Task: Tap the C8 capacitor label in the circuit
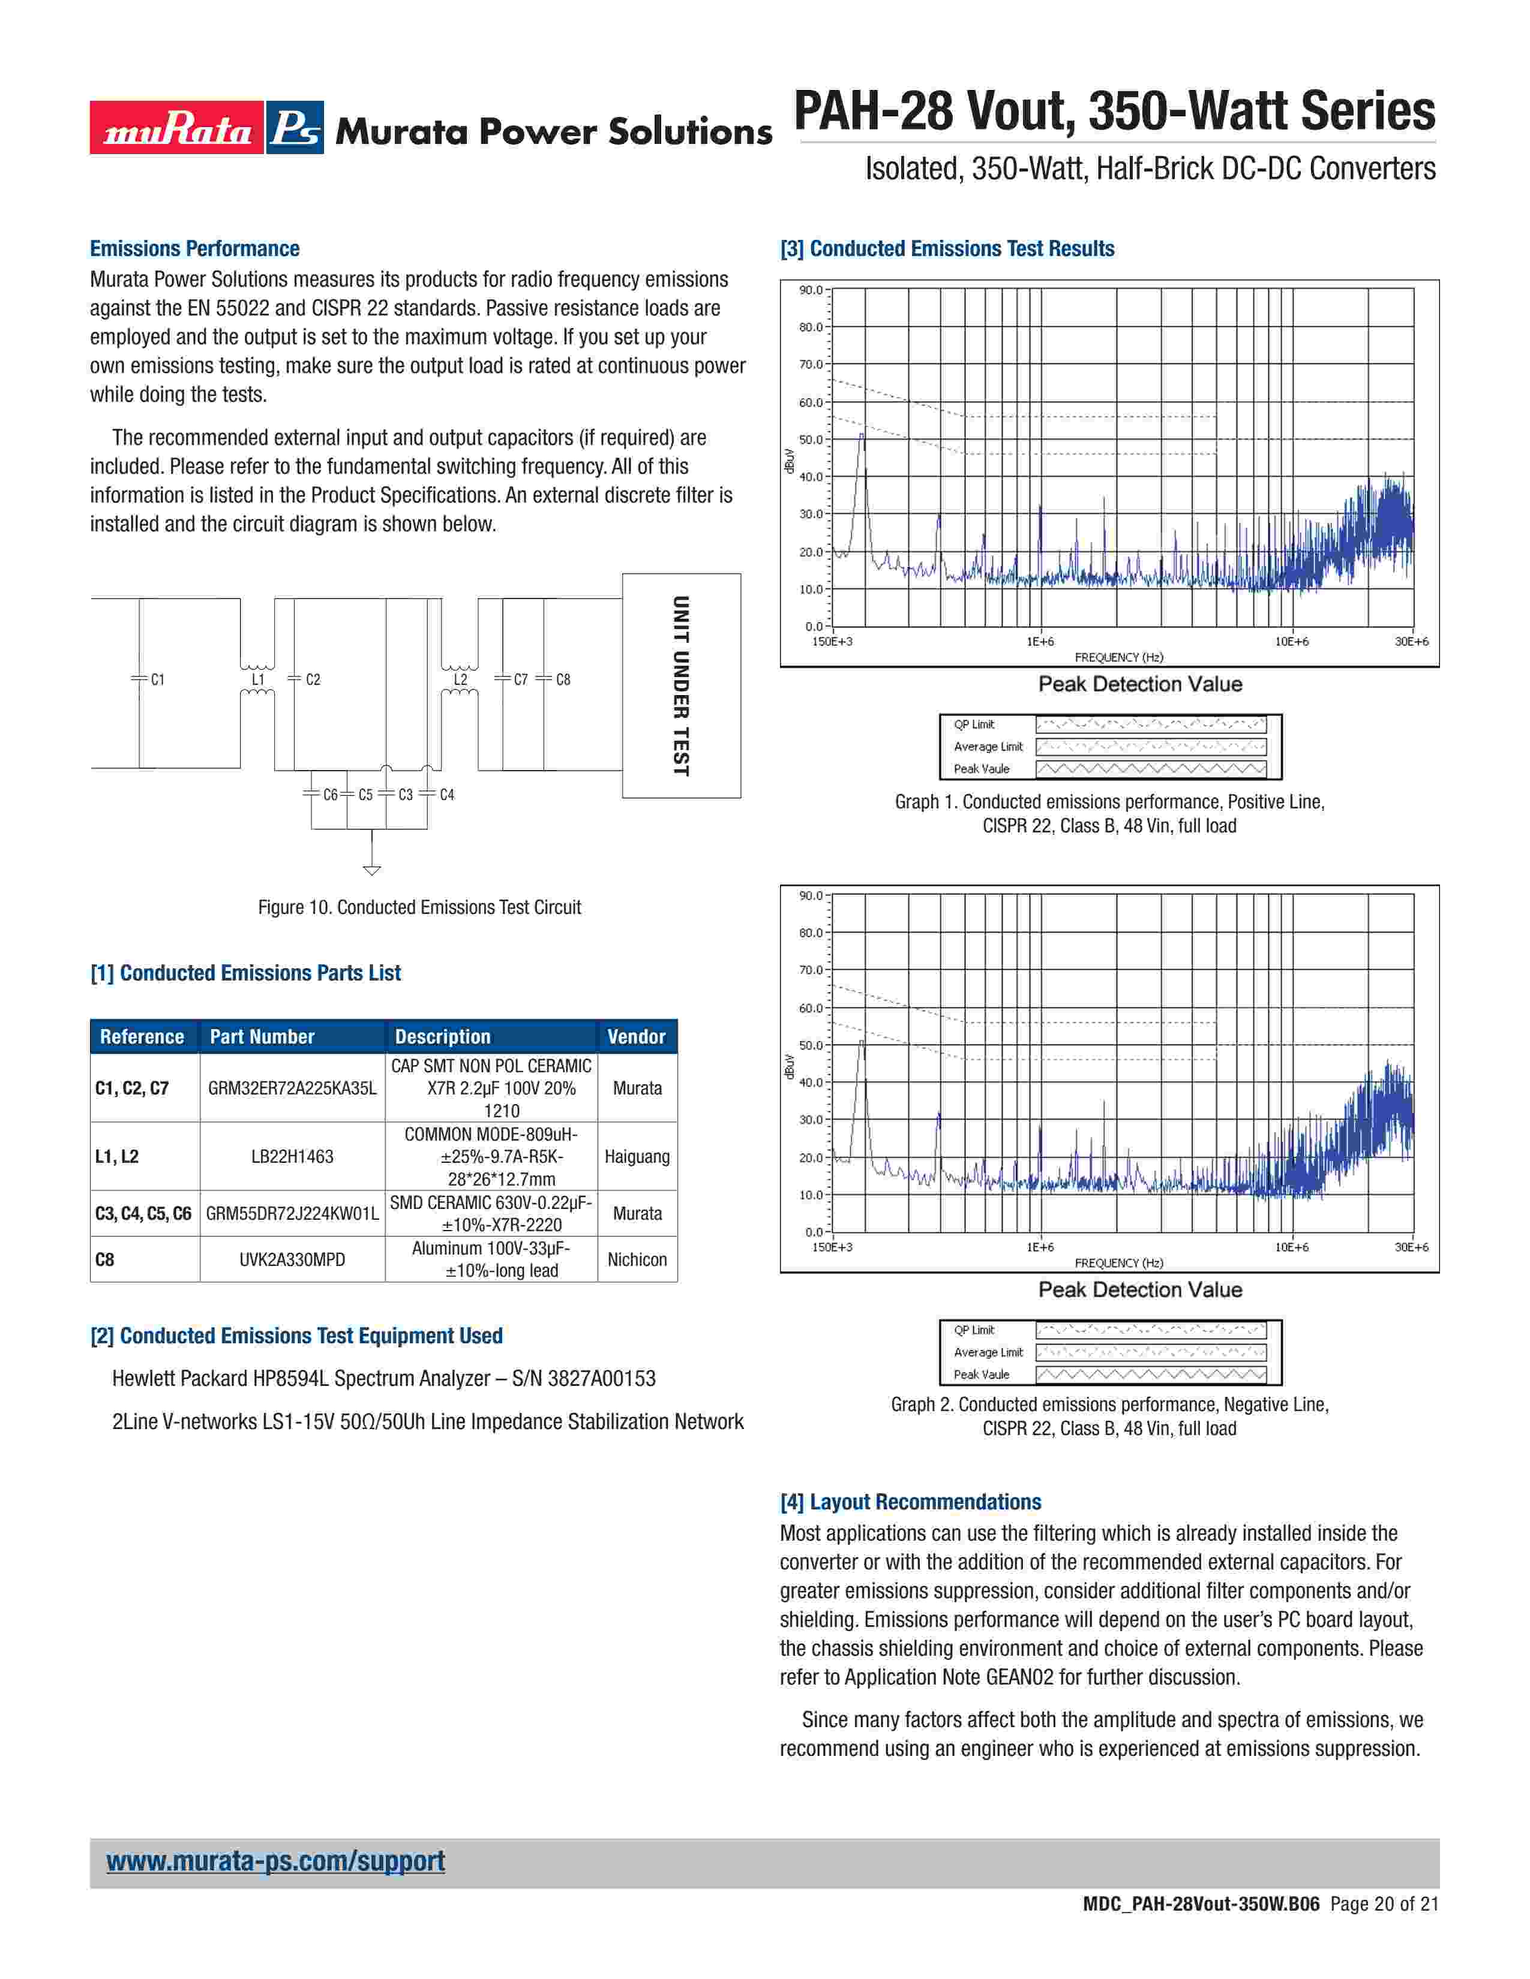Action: (x=563, y=679)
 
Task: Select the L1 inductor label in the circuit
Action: (x=259, y=679)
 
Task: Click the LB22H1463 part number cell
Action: (x=292, y=1156)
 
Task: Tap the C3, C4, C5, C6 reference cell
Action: (x=143, y=1213)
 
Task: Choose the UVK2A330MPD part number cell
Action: (x=292, y=1259)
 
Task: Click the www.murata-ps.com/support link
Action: (x=275, y=1860)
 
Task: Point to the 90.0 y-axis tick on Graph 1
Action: (x=811, y=290)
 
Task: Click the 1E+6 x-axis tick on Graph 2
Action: (x=1040, y=1247)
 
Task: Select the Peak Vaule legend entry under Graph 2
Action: (x=981, y=1375)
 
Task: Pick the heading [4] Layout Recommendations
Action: (x=910, y=1502)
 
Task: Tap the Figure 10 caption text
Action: (x=419, y=907)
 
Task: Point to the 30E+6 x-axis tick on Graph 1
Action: (x=1411, y=642)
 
